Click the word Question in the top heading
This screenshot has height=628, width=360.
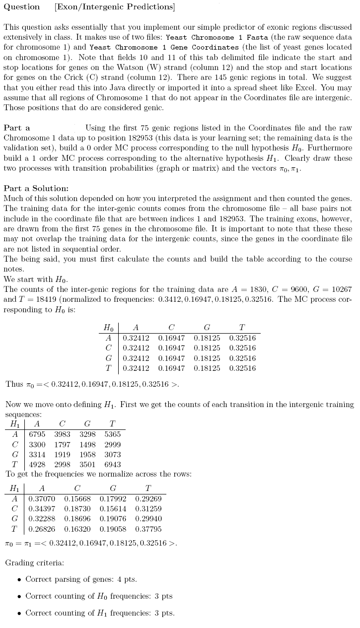[x=22, y=7]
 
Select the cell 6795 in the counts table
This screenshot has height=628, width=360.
[x=37, y=434]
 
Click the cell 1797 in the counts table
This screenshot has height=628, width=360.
[x=62, y=444]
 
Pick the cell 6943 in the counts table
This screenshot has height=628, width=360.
[x=113, y=465]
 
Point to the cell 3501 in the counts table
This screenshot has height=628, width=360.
[x=88, y=465]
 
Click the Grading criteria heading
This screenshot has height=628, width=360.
[x=34, y=563]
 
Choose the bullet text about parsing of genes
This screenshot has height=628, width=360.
[x=81, y=579]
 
